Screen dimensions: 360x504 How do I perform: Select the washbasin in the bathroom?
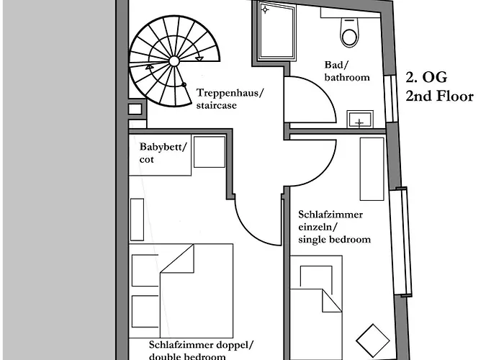pos(360,120)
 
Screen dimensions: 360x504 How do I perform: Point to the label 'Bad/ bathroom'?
pos(347,71)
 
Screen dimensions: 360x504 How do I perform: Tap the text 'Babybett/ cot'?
pos(163,153)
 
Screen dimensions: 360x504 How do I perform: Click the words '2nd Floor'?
pos(439,96)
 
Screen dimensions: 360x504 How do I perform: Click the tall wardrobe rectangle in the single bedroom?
pos(372,168)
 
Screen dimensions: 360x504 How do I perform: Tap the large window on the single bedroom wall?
pos(401,241)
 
